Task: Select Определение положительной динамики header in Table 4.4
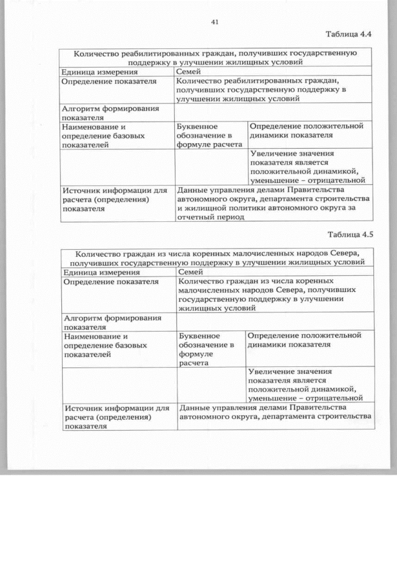[306, 131]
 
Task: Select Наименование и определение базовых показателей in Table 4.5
[105, 345]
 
